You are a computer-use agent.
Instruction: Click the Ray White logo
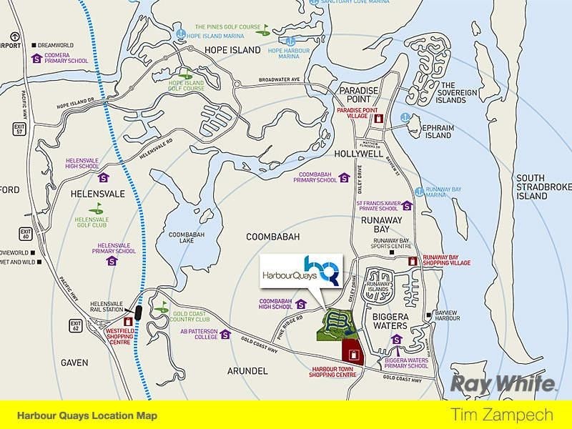(x=503, y=384)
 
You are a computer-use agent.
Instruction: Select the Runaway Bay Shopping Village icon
(x=413, y=262)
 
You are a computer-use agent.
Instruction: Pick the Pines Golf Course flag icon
(x=264, y=29)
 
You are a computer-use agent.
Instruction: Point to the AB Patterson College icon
(x=226, y=334)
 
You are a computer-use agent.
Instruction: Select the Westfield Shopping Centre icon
(x=128, y=322)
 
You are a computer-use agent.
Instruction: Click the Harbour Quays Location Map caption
(x=87, y=415)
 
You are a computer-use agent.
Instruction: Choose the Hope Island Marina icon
(x=180, y=32)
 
